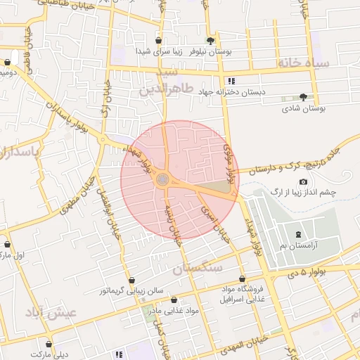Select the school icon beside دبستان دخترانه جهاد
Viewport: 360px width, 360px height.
point(231,82)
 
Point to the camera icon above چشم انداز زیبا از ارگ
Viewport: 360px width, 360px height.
point(303,181)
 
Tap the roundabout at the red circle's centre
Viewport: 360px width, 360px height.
point(163,180)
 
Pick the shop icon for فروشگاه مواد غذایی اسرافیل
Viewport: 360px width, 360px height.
point(242,278)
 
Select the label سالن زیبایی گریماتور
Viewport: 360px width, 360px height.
point(131,290)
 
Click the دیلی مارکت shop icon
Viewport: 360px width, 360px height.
point(49,345)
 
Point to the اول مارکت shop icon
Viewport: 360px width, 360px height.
point(8,245)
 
